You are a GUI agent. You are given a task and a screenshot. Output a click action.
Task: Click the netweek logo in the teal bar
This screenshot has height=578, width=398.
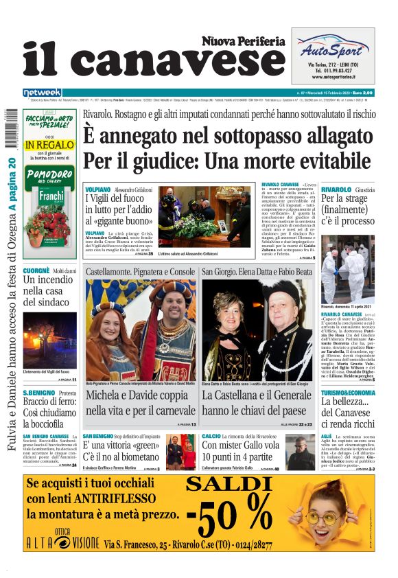pyautogui.click(x=42, y=93)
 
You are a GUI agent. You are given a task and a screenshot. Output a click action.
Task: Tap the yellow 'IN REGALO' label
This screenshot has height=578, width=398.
pyautogui.click(x=49, y=146)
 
